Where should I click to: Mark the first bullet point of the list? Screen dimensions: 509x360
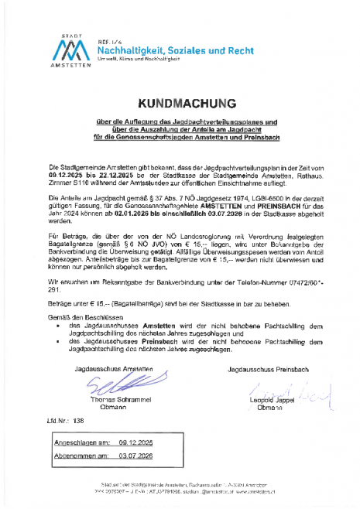pos(60,326)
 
